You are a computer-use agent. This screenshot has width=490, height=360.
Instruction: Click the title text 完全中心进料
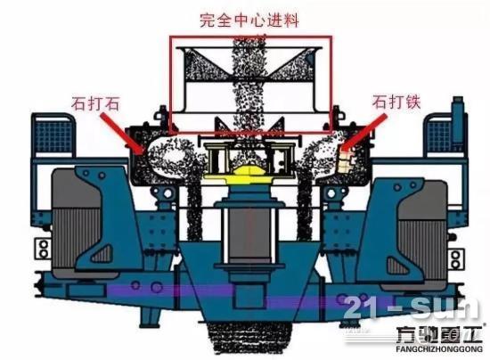[249, 20]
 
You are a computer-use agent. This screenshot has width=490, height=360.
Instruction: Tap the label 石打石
[95, 103]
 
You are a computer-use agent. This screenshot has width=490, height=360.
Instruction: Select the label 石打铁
[396, 102]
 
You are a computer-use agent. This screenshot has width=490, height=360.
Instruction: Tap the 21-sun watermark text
[411, 308]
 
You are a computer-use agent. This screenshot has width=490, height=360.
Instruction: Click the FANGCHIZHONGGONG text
[439, 349]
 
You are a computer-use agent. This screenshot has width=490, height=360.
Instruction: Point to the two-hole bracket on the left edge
[43, 249]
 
